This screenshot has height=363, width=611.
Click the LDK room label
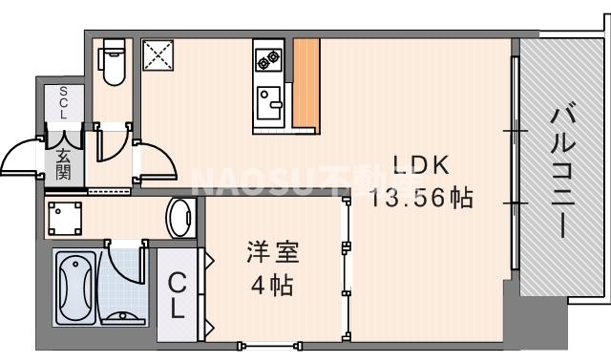pyautogui.click(x=417, y=165)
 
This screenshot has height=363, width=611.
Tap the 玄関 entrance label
pyautogui.click(x=64, y=163)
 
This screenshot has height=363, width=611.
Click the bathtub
pyautogui.click(x=74, y=287)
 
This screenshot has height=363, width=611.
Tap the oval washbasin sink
pyautogui.click(x=179, y=219)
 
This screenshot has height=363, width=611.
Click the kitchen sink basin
pyautogui.click(x=270, y=98)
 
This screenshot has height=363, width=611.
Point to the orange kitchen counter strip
pyautogui.click(x=305, y=83)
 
